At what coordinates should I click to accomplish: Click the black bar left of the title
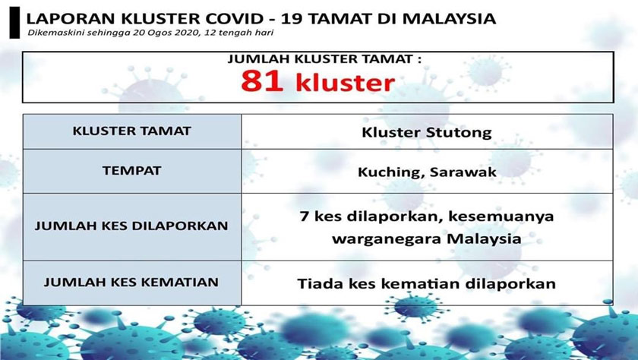click(x=11, y=21)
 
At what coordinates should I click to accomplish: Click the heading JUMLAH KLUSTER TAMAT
click(x=314, y=58)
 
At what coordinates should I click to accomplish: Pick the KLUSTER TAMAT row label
click(x=132, y=131)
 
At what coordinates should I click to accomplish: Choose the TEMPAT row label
click(x=132, y=171)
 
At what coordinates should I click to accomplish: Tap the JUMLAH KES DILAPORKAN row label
click(x=132, y=226)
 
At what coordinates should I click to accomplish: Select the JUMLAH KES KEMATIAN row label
click(x=132, y=282)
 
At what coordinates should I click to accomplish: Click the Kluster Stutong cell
click(x=426, y=132)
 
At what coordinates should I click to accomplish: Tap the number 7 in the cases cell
click(x=304, y=217)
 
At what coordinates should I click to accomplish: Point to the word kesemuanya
click(x=502, y=217)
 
